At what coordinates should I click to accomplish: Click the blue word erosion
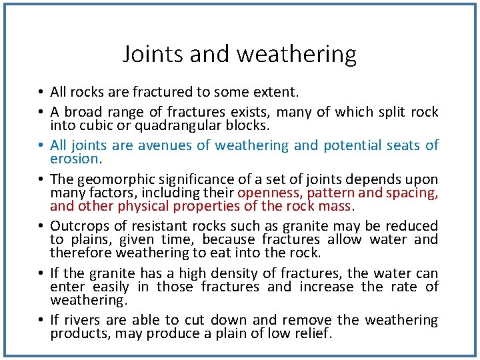pos(74,159)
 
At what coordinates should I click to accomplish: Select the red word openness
pos(268,193)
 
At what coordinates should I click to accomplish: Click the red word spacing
pos(413,193)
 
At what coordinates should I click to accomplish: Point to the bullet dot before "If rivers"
pos(41,321)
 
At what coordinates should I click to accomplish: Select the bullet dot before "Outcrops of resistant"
pos(41,227)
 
